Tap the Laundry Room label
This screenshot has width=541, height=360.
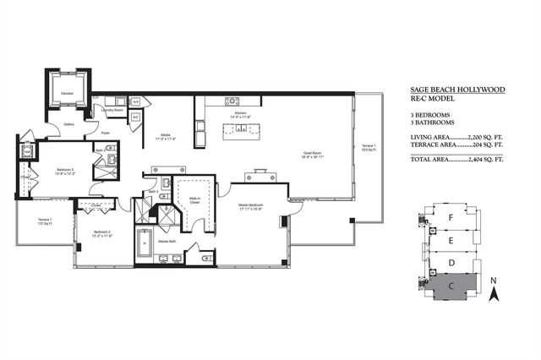[x=112, y=110]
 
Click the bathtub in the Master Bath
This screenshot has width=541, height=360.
[x=144, y=244]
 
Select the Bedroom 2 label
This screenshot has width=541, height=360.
[x=102, y=232]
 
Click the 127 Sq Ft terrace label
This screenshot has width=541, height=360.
[x=44, y=223]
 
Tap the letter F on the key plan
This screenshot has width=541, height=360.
[x=452, y=217]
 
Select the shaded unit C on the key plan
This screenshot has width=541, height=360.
[x=452, y=287]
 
